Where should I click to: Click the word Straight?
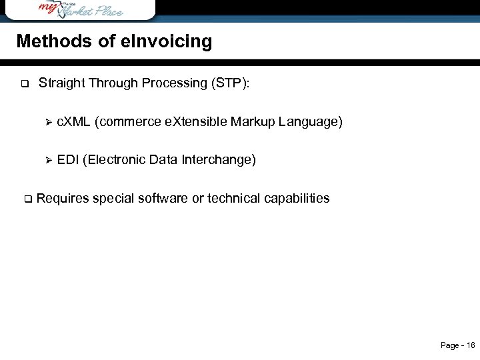click(61, 83)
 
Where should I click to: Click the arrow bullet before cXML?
click(47, 122)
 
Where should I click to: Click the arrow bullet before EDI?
click(47, 160)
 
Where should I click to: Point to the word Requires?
click(63, 199)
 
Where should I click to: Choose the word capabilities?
click(297, 199)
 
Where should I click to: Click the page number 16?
click(471, 345)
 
